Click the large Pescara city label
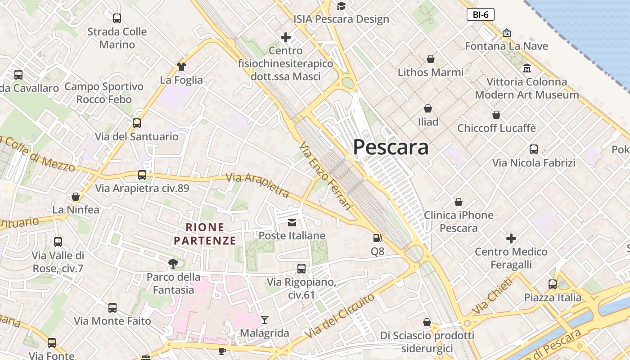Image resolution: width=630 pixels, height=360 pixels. [391, 147]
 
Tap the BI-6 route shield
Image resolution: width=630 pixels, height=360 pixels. [480, 14]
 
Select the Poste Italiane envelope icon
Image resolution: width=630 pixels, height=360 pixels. [292, 222]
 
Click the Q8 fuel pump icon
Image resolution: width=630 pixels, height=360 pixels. [378, 238]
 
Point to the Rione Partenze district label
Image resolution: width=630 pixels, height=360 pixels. [205, 234]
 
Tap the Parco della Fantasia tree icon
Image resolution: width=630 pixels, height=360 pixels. [173, 264]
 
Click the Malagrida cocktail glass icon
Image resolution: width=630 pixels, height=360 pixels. [265, 320]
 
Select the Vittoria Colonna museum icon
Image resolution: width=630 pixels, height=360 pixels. [527, 68]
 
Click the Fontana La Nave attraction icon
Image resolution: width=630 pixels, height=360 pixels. [507, 33]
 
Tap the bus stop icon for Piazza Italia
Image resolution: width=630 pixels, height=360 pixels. [553, 284]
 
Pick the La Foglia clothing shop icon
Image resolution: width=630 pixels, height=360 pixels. [181, 67]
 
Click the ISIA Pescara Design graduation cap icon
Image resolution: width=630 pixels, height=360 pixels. [341, 6]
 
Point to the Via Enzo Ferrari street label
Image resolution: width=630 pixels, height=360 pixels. [325, 175]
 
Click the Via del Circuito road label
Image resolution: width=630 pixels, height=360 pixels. [339, 316]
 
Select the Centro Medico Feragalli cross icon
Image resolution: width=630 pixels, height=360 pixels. [511, 238]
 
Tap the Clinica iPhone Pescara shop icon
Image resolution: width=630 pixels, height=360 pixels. [459, 202]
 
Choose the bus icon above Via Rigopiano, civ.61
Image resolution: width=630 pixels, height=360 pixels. [301, 269]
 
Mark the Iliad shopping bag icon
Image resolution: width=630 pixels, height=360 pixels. [428, 108]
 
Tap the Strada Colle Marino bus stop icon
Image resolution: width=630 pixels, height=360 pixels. [117, 18]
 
